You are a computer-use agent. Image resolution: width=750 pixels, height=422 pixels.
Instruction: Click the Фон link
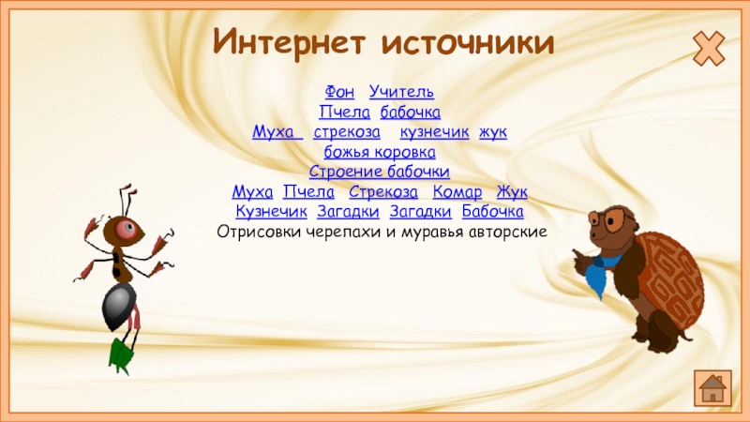[339, 91]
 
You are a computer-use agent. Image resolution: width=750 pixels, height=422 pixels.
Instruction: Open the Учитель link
[401, 91]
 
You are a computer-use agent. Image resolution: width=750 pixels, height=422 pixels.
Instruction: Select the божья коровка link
[380, 152]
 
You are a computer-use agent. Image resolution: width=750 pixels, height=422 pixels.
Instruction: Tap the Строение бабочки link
[380, 172]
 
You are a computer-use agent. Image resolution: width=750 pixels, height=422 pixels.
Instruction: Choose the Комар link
[457, 192]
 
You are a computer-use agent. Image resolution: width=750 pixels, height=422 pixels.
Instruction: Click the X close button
[709, 49]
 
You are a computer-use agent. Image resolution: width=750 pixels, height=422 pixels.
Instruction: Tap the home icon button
[712, 388]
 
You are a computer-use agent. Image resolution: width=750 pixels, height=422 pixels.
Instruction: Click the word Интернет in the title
[289, 42]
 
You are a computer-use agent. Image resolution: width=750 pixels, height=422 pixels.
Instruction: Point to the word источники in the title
[468, 43]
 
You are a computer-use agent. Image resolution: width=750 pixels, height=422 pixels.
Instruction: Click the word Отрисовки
[260, 232]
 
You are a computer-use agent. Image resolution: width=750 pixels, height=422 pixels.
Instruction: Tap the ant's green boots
[120, 354]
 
